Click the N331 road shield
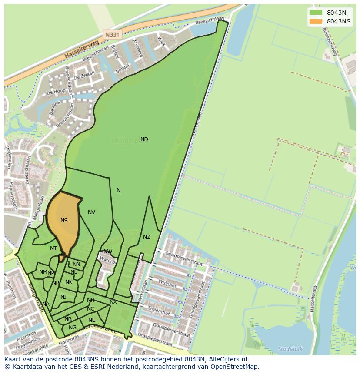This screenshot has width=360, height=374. click(112, 34)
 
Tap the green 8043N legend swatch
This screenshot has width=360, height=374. click(316, 13)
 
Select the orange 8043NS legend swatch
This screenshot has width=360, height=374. click(316, 21)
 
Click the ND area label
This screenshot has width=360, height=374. click(144, 139)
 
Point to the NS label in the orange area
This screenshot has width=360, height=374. click(64, 221)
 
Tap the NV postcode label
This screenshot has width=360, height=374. click(91, 212)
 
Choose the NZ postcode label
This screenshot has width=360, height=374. click(147, 237)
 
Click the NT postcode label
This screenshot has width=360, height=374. click(53, 248)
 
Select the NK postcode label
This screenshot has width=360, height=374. click(69, 282)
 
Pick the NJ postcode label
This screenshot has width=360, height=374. click(63, 297)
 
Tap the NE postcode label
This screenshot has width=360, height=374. click(92, 320)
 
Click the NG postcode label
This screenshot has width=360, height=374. click(73, 328)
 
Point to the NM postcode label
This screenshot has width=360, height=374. click(43, 272)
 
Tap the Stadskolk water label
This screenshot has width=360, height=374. click(290, 348)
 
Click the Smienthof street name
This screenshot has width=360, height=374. click(159, 311)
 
